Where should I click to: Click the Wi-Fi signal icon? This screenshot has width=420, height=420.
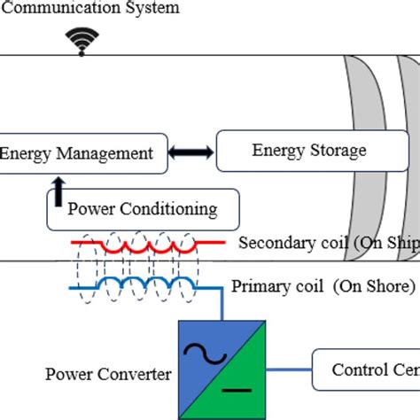(x=82, y=40)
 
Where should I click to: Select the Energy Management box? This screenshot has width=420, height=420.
(x=81, y=153)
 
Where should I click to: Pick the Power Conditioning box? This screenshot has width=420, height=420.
(x=142, y=209)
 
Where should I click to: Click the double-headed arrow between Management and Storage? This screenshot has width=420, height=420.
(x=191, y=153)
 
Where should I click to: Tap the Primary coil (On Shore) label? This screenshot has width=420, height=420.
(x=323, y=286)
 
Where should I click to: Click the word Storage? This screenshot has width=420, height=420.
(x=336, y=151)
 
